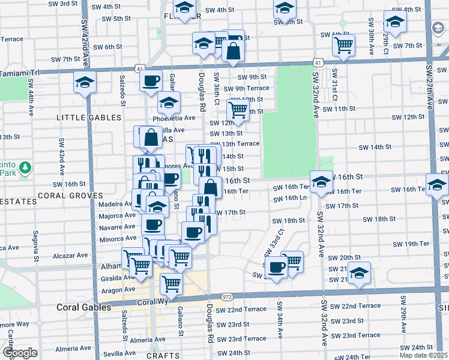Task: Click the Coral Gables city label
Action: tap(83, 307)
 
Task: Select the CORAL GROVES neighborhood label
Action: tap(70, 196)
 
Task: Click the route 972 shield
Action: tap(226, 297)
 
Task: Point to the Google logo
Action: tap(20, 353)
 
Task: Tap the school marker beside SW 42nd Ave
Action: tap(85, 83)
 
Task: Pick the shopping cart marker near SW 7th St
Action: tap(343, 44)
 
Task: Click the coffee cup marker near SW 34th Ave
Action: tap(276, 268)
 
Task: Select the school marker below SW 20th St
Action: tap(359, 272)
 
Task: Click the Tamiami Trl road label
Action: tap(19, 72)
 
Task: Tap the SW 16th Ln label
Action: tap(295, 198)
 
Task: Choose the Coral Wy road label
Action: tap(151, 303)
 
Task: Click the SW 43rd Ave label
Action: tap(61, 152)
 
